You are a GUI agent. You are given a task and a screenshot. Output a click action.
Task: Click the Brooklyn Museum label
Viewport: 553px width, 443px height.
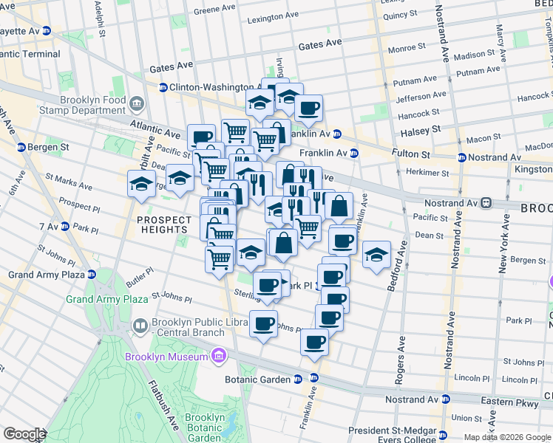pos(166,357)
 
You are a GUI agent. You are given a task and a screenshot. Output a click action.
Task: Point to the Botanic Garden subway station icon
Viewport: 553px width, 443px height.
pos(297,379)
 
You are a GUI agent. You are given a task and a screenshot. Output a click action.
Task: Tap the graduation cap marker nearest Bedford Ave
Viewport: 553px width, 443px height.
pos(376,255)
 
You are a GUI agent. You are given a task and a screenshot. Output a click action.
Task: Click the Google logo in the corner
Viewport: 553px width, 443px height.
pos(24,434)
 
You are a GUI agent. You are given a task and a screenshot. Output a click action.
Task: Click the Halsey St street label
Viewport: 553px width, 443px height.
pos(420,129)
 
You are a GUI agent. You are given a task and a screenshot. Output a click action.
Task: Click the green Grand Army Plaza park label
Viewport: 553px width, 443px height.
pos(106,299)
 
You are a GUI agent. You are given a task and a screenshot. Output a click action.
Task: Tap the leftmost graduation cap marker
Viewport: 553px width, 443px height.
pos(140,185)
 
